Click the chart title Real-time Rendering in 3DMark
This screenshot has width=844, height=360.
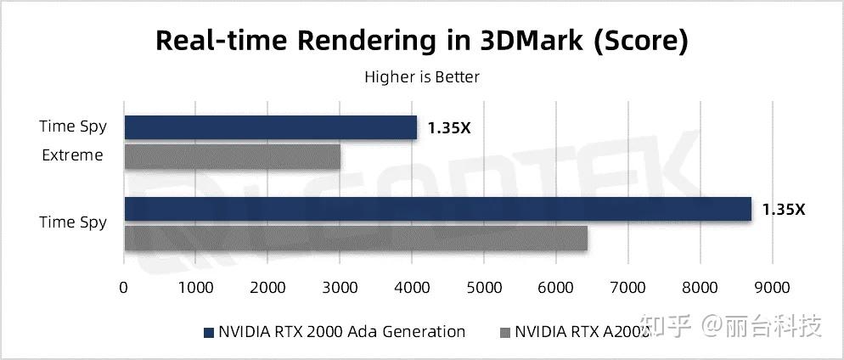(421, 41)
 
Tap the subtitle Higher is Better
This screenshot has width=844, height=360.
(422, 77)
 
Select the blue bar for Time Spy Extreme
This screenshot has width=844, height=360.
(270, 127)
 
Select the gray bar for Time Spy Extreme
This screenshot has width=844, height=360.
(232, 156)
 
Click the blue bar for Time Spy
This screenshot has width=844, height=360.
(437, 209)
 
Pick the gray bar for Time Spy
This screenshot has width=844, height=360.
(356, 238)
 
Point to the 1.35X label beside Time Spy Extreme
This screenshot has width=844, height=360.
(448, 128)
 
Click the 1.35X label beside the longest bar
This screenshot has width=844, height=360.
(782, 209)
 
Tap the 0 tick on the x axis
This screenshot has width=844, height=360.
(124, 288)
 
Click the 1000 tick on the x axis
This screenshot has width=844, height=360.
(196, 288)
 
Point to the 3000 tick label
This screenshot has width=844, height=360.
(340, 288)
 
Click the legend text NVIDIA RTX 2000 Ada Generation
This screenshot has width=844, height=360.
(341, 332)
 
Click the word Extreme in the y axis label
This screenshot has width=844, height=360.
(73, 155)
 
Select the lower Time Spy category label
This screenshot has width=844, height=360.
(73, 222)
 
